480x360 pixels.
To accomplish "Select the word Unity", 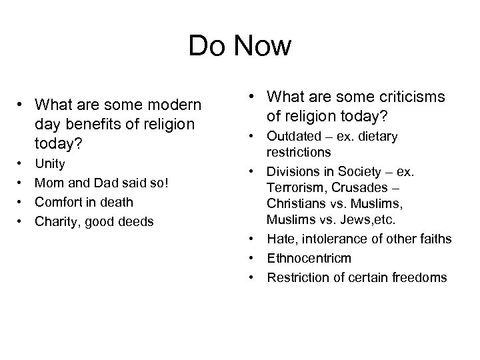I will point(51,163).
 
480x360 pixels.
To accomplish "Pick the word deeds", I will point(135,221).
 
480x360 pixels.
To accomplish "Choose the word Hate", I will point(281,239).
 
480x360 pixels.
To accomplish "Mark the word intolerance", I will point(332,239).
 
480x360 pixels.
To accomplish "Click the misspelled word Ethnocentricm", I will point(309,258).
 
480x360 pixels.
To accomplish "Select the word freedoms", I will point(421,277).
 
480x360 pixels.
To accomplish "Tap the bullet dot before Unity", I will point(23,163).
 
